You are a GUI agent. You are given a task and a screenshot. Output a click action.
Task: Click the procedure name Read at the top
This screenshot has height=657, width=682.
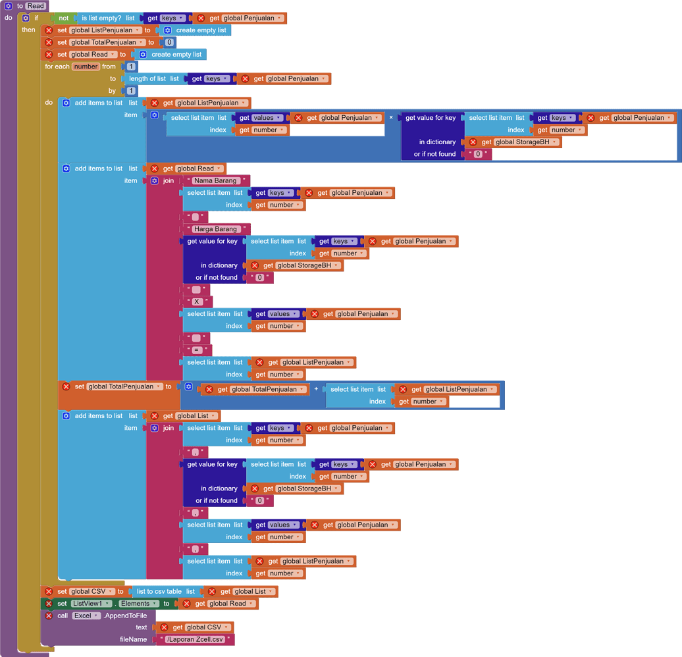point(36,6)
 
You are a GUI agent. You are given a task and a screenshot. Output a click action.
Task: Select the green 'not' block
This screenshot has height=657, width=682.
point(63,18)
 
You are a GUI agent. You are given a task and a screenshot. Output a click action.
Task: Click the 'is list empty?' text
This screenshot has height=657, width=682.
point(101,18)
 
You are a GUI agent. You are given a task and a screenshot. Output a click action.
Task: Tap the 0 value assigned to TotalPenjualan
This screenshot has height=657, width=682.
point(169,42)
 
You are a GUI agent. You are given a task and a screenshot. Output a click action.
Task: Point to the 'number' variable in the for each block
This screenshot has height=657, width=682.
point(86,66)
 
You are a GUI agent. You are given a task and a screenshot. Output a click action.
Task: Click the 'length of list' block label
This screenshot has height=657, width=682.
point(147,79)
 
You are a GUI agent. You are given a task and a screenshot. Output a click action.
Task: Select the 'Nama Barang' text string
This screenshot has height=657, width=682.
point(215,180)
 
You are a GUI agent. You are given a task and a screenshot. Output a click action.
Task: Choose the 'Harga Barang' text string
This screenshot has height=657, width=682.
point(216,229)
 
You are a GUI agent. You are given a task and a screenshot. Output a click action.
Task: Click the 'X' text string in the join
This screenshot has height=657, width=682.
point(197,302)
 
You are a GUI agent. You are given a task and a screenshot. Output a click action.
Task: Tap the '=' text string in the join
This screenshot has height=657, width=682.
point(197,350)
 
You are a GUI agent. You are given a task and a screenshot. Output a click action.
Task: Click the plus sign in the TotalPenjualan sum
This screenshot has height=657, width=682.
point(316,389)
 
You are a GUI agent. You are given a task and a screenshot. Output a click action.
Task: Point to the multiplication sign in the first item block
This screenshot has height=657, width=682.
point(391,117)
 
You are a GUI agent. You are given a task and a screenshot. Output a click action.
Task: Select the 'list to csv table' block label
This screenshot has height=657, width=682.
point(159,591)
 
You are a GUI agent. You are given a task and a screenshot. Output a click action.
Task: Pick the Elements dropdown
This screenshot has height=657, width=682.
point(139,604)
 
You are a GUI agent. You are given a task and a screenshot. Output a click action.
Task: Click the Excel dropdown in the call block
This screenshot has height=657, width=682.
point(86,616)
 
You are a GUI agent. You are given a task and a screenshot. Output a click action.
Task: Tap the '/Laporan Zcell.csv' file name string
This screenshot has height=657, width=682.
point(195,639)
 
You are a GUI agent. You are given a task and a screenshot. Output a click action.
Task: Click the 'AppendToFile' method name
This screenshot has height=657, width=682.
point(125,616)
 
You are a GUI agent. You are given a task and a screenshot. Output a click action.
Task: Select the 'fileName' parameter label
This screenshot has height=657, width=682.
point(133,639)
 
